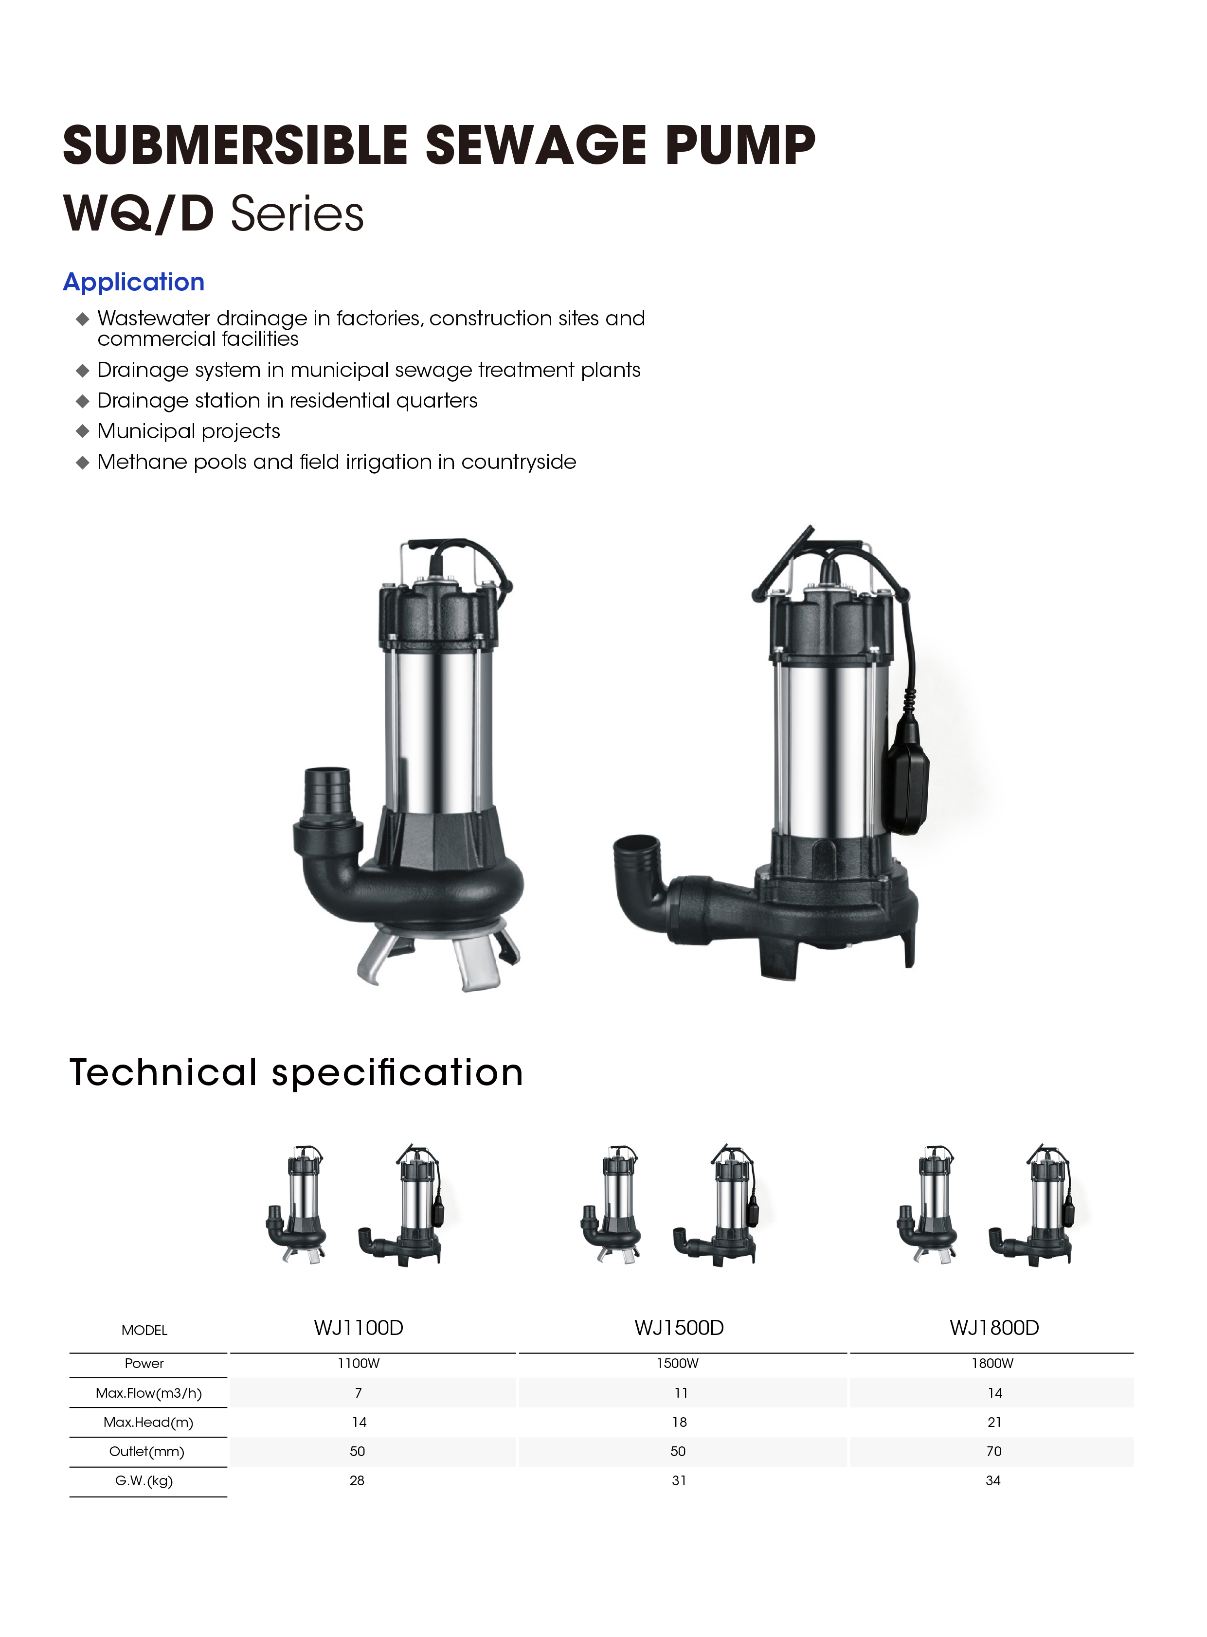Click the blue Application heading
(x=134, y=282)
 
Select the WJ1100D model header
(x=359, y=1327)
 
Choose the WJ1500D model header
(x=679, y=1327)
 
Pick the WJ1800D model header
(x=994, y=1327)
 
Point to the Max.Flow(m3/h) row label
(x=148, y=1393)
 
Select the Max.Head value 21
(x=994, y=1422)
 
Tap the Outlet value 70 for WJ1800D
(x=993, y=1451)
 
